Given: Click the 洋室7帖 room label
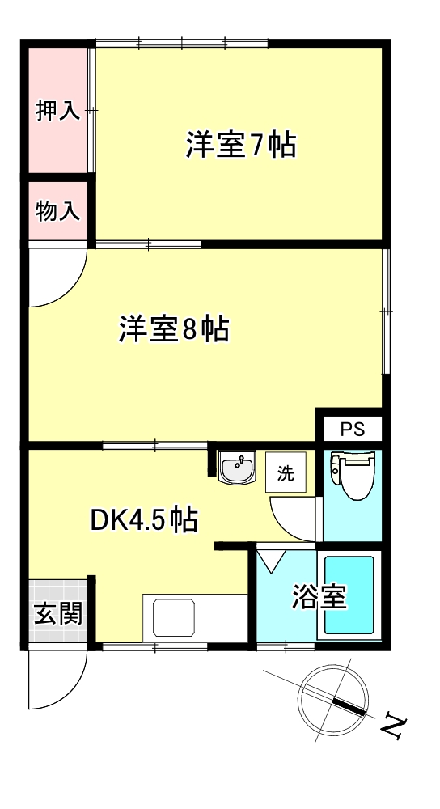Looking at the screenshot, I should click(x=241, y=145).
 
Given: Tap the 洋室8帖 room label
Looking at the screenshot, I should click(x=174, y=329).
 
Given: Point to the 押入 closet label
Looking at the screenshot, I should click(x=58, y=111).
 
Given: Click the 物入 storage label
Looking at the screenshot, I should click(x=58, y=212).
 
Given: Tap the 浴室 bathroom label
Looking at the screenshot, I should click(x=319, y=596).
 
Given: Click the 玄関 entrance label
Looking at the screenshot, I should click(x=57, y=614).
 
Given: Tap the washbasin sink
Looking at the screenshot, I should click(x=237, y=467).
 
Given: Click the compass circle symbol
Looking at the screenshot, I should click(x=333, y=695).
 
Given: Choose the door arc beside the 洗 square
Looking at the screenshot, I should click(x=293, y=517).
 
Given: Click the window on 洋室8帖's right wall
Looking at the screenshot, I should click(x=386, y=311).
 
